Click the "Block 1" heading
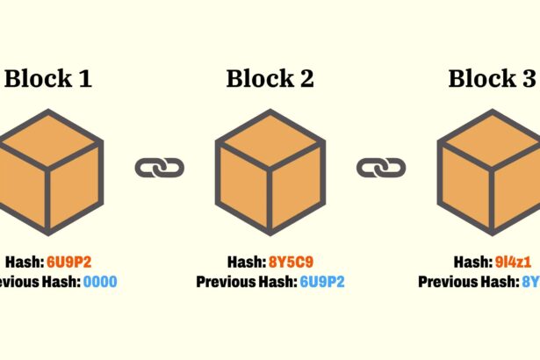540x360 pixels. point(48,79)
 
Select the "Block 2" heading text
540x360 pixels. point(270,79)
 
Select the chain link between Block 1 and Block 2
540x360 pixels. point(159,167)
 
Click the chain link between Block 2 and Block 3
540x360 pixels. point(380,167)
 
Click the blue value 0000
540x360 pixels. point(100,282)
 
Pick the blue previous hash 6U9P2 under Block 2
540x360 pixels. point(322,282)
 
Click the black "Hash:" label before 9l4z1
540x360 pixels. point(469,262)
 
